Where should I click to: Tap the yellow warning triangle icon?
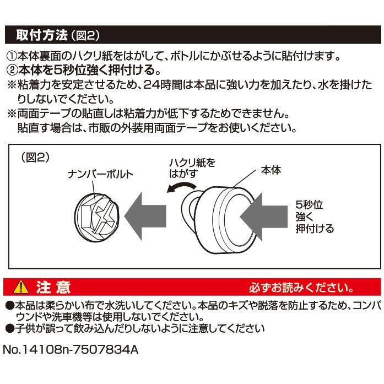[x=21, y=288]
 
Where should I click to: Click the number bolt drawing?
[x=94, y=212]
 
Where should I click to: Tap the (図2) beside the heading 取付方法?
[x=85, y=36]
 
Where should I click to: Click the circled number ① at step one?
[x=12, y=56]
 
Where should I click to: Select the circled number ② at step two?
[x=12, y=71]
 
